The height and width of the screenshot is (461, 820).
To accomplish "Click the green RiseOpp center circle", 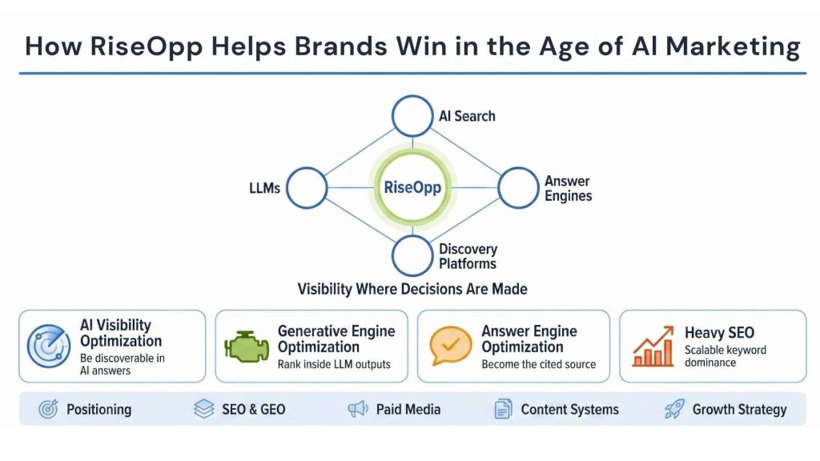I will pos(412,189).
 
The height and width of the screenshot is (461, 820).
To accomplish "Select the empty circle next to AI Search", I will pos(412,117).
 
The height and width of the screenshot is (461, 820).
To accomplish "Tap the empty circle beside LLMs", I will pos(307,189).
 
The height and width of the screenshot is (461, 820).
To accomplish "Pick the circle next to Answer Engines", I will pos(518,188).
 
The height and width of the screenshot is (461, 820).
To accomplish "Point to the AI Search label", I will pos(467,116).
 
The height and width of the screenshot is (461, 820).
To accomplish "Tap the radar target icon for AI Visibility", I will pos(50,346).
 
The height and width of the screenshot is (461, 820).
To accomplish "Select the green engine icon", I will pos(247,346).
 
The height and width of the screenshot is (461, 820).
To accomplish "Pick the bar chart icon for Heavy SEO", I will pos(653,346).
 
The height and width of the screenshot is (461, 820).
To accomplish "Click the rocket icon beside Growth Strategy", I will pos(674,410).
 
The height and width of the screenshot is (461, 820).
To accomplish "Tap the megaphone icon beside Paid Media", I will pos(358,410).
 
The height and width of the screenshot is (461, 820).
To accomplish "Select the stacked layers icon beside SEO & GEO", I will pos(204,410).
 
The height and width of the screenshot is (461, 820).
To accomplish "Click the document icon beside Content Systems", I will pos(503,410).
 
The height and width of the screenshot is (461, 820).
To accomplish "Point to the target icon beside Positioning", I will pos(49,410).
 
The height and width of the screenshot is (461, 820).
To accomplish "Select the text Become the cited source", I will pos(538,364).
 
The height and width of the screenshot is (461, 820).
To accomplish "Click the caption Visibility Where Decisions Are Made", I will pos(412,289).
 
